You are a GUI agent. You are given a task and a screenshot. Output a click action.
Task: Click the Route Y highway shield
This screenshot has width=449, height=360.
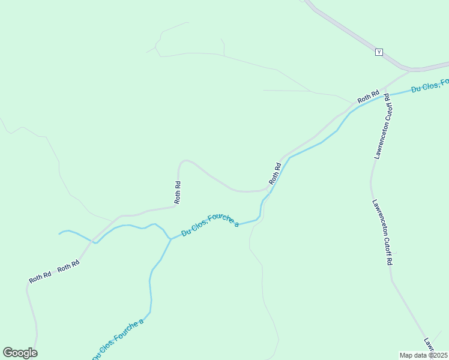click(x=379, y=52)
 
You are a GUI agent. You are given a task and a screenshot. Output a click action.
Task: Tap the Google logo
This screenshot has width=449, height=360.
click(x=20, y=353)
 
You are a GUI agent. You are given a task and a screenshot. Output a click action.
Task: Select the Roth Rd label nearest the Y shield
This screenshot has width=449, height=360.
click(x=368, y=97)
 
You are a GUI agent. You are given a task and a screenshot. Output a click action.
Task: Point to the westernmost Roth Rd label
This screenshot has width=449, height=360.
click(x=40, y=279)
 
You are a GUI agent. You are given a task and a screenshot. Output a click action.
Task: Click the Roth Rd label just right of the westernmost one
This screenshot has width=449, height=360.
click(x=68, y=267)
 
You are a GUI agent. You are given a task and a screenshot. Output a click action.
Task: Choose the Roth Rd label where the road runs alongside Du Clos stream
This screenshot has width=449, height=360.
click(x=275, y=173)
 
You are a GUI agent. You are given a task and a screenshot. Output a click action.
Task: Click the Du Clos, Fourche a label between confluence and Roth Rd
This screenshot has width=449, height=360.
click(x=210, y=225)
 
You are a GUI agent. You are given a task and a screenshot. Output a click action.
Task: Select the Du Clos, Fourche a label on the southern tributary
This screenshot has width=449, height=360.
click(x=119, y=340)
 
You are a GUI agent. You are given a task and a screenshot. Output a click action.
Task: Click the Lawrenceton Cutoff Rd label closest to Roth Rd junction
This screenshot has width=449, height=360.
click(x=382, y=125)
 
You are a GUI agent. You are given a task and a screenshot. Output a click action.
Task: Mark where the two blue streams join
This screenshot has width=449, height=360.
click(x=170, y=239)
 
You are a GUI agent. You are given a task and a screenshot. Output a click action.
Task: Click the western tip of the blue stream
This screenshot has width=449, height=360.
click(x=59, y=233)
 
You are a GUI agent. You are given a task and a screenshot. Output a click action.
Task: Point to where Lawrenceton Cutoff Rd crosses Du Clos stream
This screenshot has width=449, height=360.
click(x=385, y=96)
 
